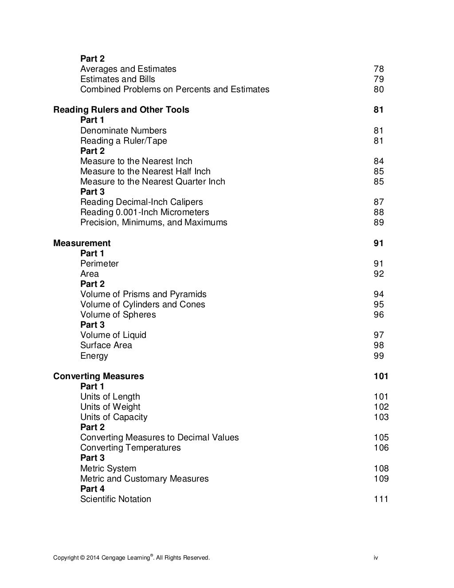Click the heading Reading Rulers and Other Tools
click(121, 110)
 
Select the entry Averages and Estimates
click(128, 69)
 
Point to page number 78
click(379, 69)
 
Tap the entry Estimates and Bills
click(117, 79)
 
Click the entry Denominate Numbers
click(123, 130)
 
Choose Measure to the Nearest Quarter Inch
click(153, 181)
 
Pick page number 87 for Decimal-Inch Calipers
click(379, 202)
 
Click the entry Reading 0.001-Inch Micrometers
click(145, 212)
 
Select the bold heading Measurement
click(82, 243)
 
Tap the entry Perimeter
click(99, 263)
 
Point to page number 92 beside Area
click(379, 274)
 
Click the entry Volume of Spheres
click(118, 314)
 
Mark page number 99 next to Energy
click(379, 356)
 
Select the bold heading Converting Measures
click(98, 376)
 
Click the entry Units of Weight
click(110, 407)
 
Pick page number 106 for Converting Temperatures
click(381, 447)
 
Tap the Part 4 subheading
click(92, 489)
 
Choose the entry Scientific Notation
click(115, 499)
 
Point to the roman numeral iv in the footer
click(376, 557)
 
